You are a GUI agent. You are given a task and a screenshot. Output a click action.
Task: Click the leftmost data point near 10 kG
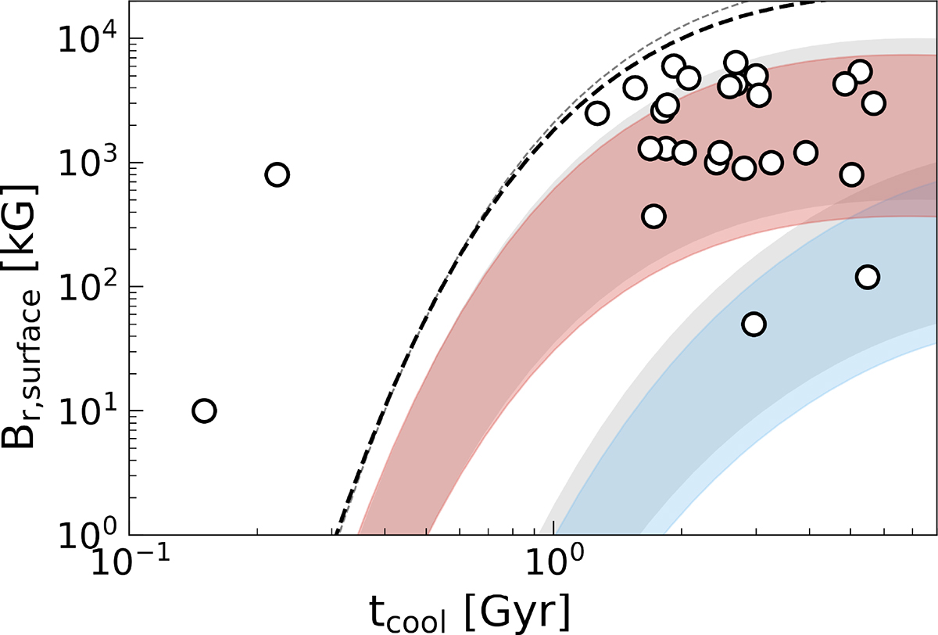[x=204, y=411]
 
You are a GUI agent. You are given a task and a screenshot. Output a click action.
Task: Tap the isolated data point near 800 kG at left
[x=277, y=174]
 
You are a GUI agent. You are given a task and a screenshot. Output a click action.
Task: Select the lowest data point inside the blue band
[x=754, y=325]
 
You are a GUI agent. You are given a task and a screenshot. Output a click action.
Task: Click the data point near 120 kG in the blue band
[x=868, y=277]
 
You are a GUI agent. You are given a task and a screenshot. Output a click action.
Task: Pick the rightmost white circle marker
[x=874, y=103]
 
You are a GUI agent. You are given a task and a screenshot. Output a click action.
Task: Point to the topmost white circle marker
[x=736, y=63]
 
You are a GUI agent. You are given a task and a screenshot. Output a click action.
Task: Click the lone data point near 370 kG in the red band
[x=654, y=216]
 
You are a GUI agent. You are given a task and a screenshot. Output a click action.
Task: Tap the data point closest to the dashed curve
[x=597, y=113]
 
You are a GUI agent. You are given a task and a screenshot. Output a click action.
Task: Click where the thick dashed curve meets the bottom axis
[x=335, y=532]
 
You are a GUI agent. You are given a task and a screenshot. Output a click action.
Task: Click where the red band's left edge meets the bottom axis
[x=360, y=532]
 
